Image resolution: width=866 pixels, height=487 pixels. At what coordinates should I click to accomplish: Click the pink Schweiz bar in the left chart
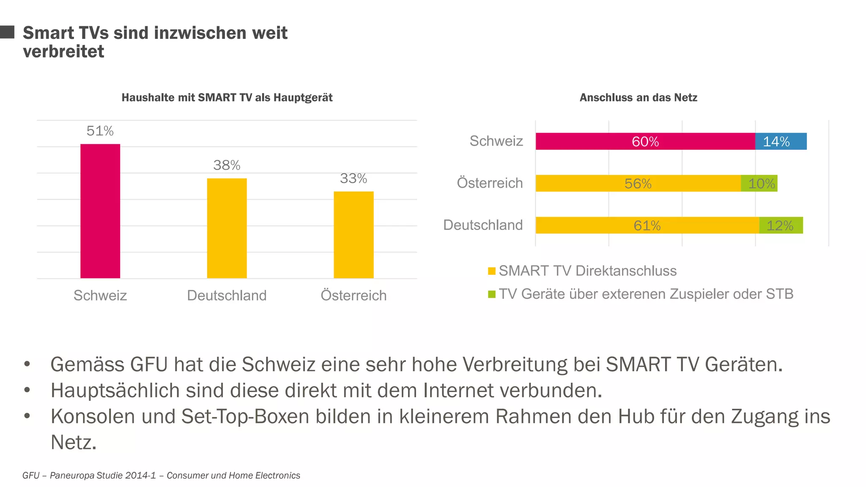[x=100, y=211]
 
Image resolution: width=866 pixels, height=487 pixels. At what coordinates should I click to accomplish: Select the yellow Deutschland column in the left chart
[x=227, y=228]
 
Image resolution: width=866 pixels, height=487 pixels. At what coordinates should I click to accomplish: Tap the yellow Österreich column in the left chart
[x=354, y=235]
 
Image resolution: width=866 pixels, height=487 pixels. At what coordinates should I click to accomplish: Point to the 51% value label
[x=100, y=131]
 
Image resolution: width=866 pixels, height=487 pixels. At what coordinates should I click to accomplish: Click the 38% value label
[x=227, y=165]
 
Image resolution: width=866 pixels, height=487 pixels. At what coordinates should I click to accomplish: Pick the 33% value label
[x=354, y=178]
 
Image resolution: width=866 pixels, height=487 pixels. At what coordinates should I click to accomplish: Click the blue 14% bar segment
[x=781, y=141]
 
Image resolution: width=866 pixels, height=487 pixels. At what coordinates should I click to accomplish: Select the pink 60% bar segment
[x=645, y=141]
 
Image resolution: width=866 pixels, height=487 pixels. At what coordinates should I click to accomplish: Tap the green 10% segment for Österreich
[x=759, y=183]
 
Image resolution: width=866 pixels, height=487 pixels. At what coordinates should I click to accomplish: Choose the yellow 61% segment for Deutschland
[x=647, y=225]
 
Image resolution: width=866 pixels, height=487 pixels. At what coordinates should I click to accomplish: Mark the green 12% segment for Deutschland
[x=781, y=225]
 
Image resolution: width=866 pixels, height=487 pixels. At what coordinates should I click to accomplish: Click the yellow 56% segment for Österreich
[x=638, y=183]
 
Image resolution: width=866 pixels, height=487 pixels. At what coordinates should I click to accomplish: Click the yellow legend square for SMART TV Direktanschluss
[x=491, y=271]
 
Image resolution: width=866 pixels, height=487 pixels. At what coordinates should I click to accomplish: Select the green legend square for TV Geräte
[x=491, y=294]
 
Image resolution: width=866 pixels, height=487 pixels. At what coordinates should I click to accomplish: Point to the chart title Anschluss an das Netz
[x=638, y=98]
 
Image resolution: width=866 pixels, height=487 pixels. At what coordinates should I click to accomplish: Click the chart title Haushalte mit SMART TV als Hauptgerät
[x=227, y=98]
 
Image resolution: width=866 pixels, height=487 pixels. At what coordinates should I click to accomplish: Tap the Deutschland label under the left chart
[x=227, y=295]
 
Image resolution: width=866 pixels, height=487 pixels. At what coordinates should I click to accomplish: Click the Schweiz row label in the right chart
[x=496, y=141]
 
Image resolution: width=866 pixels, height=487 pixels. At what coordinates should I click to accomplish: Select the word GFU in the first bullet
[x=149, y=364]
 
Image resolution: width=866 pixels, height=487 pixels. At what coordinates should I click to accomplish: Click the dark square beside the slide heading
[x=7, y=32]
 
